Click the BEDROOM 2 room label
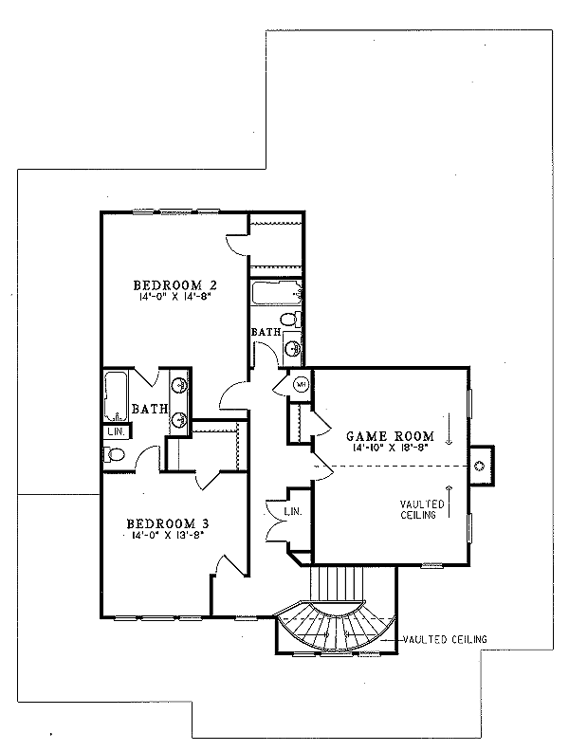click(x=170, y=284)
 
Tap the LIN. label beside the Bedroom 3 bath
click(x=116, y=431)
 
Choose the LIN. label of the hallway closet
click(x=292, y=513)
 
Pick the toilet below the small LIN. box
click(x=114, y=455)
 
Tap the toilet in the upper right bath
click(x=293, y=347)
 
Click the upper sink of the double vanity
click(x=179, y=385)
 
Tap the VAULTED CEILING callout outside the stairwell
click(x=443, y=640)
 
